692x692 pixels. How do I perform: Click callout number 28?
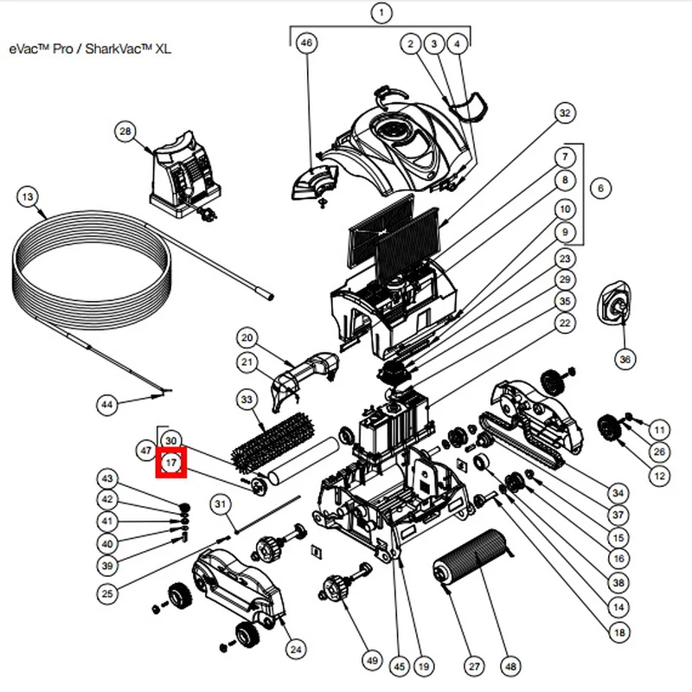[126, 131]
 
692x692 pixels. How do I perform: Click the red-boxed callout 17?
[170, 463]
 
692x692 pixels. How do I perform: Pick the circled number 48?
[510, 667]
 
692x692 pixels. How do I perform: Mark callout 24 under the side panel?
[295, 650]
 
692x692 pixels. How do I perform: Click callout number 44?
[106, 404]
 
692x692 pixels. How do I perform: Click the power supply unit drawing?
[183, 177]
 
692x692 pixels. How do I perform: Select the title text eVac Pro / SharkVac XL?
[91, 48]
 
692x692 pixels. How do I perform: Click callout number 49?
[372, 660]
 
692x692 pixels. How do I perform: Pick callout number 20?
[247, 337]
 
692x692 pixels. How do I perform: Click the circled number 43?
[107, 478]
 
